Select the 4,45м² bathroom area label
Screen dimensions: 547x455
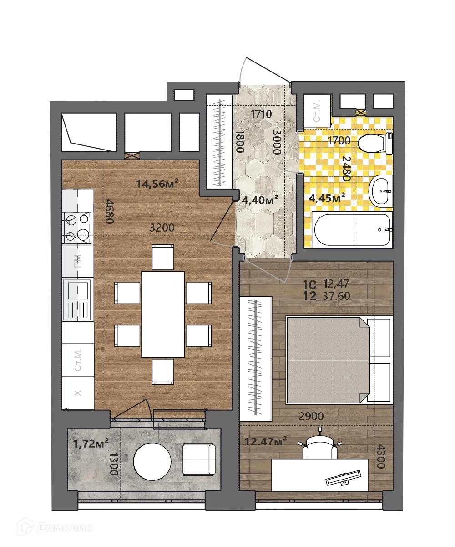click(327, 197)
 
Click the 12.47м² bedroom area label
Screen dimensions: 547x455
click(266, 441)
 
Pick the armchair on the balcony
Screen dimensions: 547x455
click(199, 460)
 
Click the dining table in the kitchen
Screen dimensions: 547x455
click(163, 314)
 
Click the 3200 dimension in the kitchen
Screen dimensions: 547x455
click(162, 228)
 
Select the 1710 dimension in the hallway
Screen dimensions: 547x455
click(261, 114)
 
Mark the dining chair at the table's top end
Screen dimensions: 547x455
click(163, 257)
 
